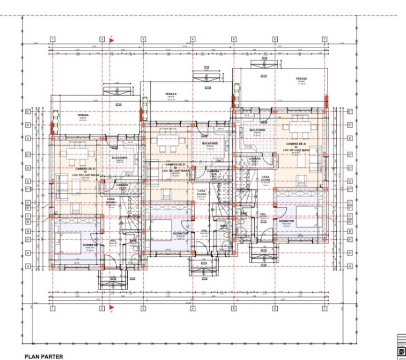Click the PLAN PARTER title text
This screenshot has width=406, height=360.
44,357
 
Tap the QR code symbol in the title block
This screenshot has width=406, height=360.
401,351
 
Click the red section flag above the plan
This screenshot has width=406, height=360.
112,40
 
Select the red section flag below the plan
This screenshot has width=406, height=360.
112,307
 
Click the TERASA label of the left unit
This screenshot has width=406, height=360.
83,114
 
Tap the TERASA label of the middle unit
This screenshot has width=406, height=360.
171,94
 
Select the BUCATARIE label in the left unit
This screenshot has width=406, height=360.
120,157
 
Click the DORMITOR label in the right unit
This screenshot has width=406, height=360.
286,221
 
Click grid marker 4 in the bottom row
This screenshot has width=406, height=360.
192,308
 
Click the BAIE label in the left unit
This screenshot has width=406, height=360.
133,240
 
